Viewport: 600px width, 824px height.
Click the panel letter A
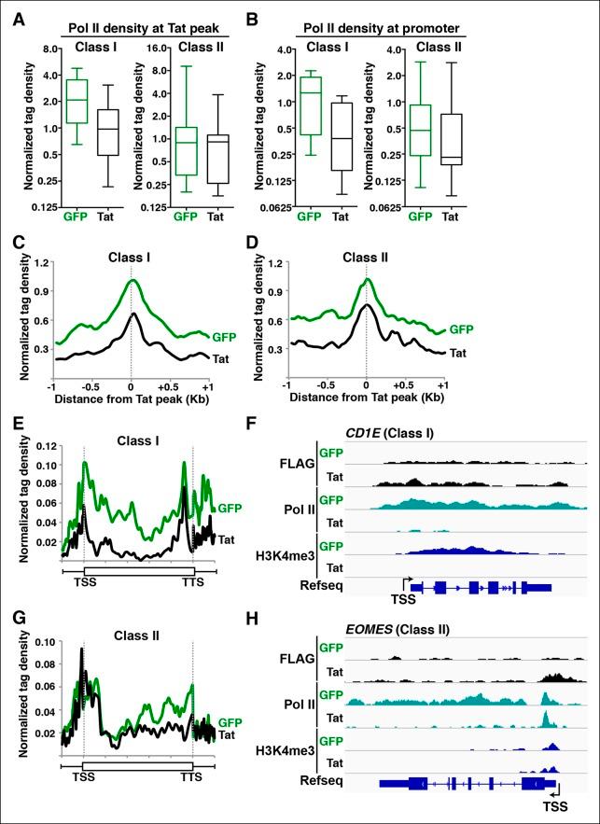[16, 16]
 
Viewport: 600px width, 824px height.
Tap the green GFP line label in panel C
[224, 334]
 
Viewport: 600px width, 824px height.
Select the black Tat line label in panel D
[458, 355]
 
